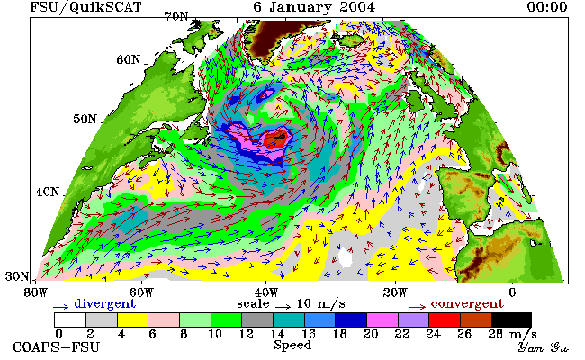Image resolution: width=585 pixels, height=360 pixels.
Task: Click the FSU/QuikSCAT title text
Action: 85,7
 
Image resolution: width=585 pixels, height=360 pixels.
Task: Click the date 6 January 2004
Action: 314,7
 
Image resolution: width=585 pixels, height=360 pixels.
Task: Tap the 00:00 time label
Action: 547,7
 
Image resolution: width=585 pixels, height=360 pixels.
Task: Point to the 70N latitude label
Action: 176,17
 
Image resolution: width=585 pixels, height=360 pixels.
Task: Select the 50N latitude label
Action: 85,120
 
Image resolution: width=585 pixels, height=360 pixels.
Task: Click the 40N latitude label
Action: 48,192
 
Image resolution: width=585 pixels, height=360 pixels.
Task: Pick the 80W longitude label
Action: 36,292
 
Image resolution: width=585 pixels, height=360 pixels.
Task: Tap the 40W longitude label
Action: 266,292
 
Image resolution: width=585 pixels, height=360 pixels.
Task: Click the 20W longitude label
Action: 395,292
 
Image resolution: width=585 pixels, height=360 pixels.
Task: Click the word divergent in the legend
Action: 104,304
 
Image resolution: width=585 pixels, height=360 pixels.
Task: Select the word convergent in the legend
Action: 467,304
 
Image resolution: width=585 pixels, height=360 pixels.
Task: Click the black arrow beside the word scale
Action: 283,307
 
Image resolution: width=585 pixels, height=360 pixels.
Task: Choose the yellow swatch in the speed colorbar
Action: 133,320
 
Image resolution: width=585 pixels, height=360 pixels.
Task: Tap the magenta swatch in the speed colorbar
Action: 382,320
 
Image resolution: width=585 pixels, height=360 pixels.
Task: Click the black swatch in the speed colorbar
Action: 511,320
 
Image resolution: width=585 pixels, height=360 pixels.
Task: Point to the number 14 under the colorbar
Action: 277,334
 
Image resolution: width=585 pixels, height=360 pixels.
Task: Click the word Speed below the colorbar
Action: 292,346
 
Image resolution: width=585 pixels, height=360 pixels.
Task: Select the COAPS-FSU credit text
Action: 57,347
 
